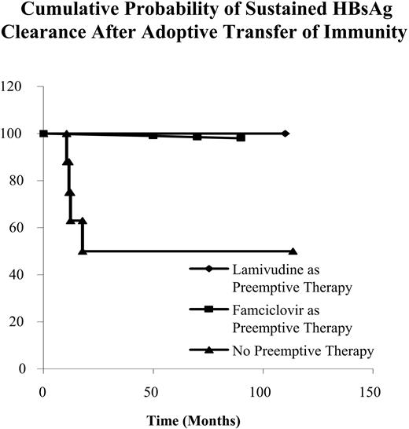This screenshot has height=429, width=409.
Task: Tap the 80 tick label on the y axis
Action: [x=20, y=181]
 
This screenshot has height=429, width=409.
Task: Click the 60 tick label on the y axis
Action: [x=20, y=228]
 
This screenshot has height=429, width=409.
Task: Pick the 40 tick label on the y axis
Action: [x=20, y=275]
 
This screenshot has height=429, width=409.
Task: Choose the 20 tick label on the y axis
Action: [x=20, y=322]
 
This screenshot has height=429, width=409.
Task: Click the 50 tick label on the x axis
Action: [x=153, y=390]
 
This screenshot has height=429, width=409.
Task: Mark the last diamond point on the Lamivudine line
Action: [x=285, y=134]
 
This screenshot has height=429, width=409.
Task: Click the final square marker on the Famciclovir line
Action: [x=241, y=137]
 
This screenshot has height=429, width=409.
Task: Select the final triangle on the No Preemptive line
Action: [x=293, y=251]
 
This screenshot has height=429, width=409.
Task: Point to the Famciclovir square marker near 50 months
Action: [x=153, y=135]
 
